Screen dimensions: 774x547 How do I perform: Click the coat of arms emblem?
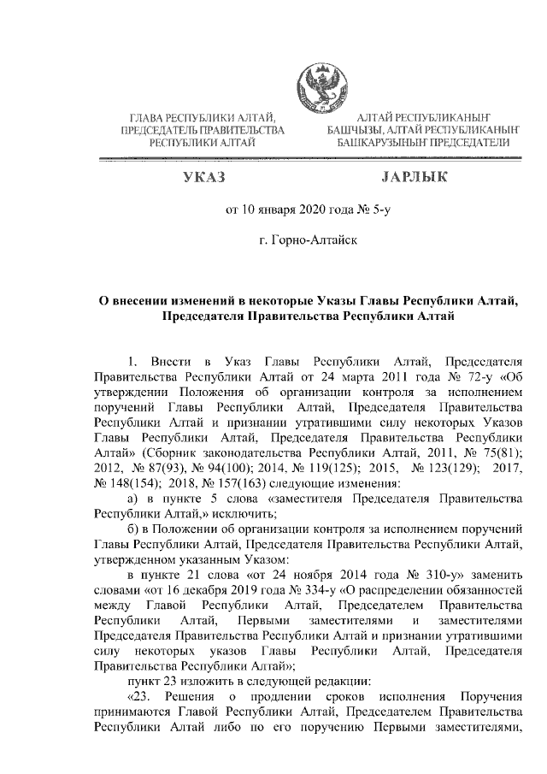point(318,81)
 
